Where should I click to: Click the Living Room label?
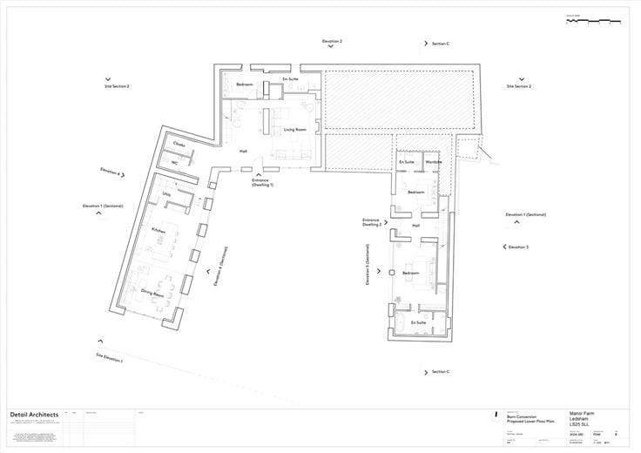295,130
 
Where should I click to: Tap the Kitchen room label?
159,230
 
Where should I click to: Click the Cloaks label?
179,145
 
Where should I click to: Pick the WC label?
175,162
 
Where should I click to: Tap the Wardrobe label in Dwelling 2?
434,162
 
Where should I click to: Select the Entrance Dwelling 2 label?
372,222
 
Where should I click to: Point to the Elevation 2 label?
332,41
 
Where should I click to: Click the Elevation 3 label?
517,247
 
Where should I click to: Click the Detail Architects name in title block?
34,414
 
